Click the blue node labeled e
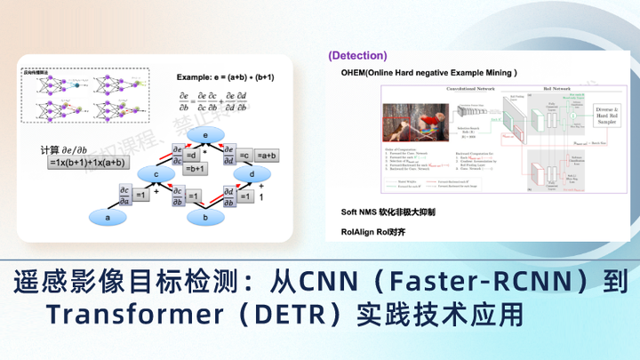[205, 134]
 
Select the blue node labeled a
[109, 216]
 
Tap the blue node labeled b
[205, 216]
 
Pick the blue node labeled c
[155, 175]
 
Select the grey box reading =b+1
[196, 168]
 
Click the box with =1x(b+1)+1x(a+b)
[86, 164]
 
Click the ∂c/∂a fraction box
[124, 193]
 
